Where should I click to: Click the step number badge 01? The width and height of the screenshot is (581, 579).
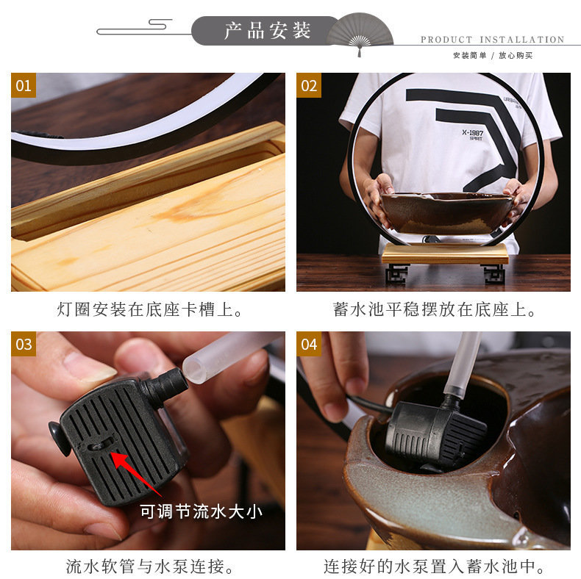(24, 85)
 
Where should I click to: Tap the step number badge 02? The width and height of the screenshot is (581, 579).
(309, 85)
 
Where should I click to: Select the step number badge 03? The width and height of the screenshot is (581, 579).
(24, 344)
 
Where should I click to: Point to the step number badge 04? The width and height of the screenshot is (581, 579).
(309, 344)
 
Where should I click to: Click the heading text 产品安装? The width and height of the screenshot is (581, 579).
(268, 31)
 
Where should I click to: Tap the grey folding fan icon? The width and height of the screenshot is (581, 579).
(360, 33)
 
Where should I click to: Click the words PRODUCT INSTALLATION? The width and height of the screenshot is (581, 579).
(492, 40)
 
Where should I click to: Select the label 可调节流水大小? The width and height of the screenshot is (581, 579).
(201, 511)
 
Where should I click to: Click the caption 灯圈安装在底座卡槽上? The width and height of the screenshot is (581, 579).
(150, 309)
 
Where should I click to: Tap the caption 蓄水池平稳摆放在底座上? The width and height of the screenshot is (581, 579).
(434, 309)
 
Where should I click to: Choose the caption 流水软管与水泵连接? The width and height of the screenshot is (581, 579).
(150, 567)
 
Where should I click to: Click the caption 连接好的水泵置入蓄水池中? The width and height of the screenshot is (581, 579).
(434, 567)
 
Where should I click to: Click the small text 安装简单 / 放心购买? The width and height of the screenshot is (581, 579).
(492, 55)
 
